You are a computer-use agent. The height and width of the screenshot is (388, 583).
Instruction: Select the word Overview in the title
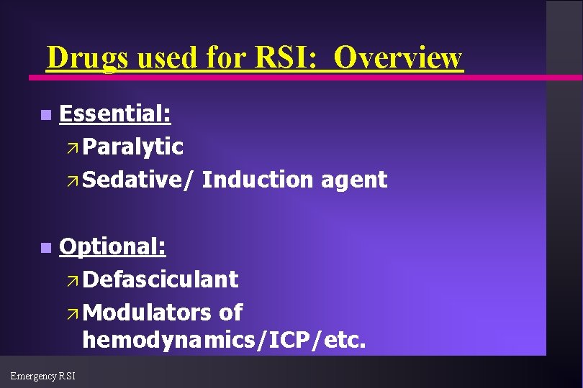pyautogui.click(x=398, y=57)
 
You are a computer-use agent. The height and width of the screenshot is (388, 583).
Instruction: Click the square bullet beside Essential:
pyautogui.click(x=45, y=115)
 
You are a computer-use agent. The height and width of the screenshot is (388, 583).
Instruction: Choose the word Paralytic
pyautogui.click(x=133, y=147)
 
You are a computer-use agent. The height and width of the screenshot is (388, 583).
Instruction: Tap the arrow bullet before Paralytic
pyautogui.click(x=70, y=147)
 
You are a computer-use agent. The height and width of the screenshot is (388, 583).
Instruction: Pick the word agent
pyautogui.click(x=354, y=180)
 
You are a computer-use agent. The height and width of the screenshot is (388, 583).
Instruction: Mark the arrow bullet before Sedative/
pyautogui.click(x=70, y=180)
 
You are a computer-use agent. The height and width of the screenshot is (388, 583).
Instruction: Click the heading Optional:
pyautogui.click(x=113, y=247)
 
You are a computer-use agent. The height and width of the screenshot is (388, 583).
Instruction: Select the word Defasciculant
pyautogui.click(x=160, y=279)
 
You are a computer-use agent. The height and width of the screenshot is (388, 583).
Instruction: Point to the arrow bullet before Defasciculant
pyautogui.click(x=70, y=280)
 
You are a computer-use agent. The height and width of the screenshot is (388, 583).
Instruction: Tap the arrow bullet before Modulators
pyautogui.click(x=70, y=313)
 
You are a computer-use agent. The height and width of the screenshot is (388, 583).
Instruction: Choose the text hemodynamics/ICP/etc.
pyautogui.click(x=225, y=340)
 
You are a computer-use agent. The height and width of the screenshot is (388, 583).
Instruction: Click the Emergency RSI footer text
pyautogui.click(x=42, y=375)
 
